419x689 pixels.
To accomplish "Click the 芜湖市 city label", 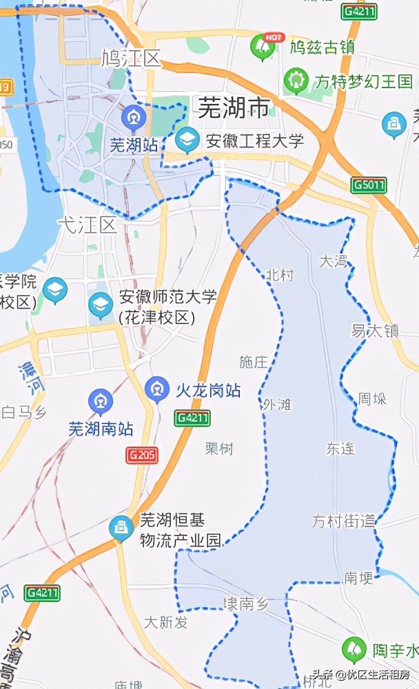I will click(x=234, y=107).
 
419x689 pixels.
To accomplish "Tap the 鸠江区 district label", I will click(x=130, y=59).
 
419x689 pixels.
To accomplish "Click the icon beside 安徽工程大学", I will click(x=187, y=141).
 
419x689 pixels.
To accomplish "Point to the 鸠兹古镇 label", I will click(x=322, y=48).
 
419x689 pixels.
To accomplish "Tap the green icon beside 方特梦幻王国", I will click(x=296, y=81).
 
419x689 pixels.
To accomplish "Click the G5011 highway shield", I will click(x=369, y=185).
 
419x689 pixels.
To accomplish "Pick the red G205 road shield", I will click(x=142, y=455).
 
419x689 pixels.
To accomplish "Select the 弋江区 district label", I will click(x=87, y=225).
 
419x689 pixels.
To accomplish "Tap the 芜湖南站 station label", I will click(x=101, y=428).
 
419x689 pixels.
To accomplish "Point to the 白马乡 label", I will click(x=23, y=413).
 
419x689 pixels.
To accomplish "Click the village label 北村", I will click(x=279, y=276).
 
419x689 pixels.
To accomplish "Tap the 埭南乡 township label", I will click(x=245, y=604).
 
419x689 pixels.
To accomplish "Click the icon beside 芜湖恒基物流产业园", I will click(x=122, y=529).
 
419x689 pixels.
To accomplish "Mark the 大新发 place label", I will click(x=166, y=622).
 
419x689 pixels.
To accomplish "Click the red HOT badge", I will click(x=276, y=36).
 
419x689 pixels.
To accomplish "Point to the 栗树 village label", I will click(x=219, y=449).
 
